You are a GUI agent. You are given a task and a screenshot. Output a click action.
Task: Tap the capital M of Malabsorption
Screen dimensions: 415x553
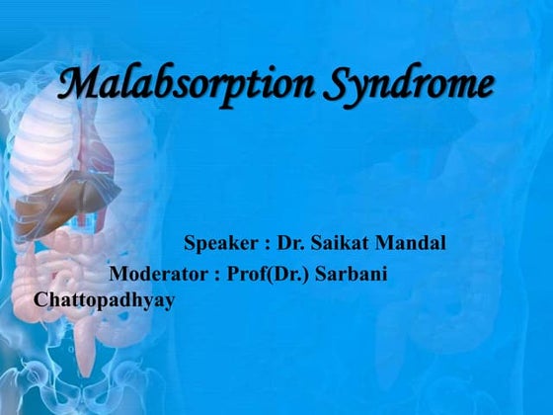79,83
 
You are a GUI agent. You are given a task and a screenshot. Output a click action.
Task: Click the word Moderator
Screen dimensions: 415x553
158,274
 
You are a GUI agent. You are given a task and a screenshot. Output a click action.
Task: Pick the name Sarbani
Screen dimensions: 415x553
353,274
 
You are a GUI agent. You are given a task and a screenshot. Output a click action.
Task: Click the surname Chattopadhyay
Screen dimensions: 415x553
105,299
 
